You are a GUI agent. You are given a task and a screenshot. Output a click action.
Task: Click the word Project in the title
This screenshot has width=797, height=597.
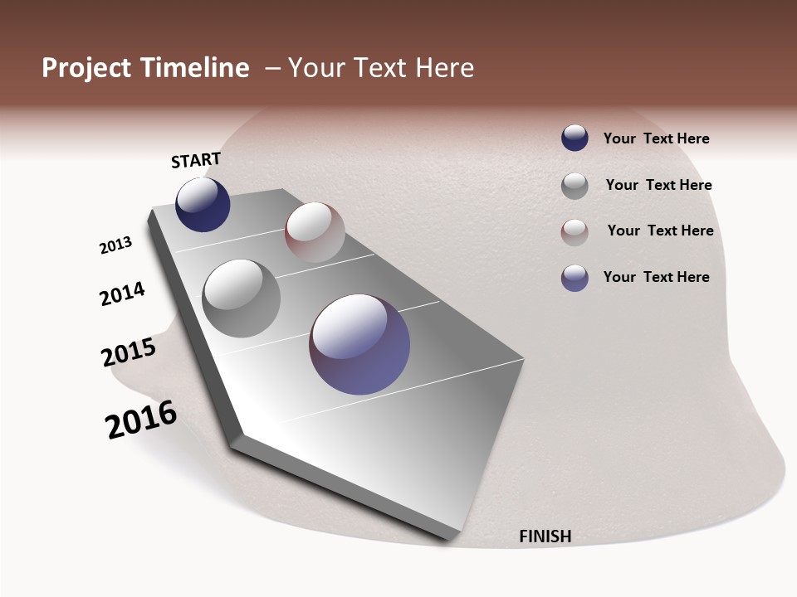point(87,68)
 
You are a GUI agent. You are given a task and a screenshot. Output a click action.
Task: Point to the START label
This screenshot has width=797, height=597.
point(196,160)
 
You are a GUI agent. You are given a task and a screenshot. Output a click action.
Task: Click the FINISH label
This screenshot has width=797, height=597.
point(545,536)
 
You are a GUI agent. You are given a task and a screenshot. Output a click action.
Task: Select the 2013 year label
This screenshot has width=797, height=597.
point(116,245)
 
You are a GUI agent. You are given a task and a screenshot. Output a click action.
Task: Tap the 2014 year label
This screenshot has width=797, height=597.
point(123,294)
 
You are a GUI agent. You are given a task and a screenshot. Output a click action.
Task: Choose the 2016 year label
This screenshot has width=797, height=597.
point(141,420)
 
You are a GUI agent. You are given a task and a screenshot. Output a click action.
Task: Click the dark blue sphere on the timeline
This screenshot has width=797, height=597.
point(203,205)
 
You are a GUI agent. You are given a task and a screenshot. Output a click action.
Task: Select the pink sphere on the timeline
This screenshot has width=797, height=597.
point(315,232)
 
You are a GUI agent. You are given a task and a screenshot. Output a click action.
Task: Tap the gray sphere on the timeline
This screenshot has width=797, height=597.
point(241,298)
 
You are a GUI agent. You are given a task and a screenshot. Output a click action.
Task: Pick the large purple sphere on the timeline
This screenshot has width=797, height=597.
point(359,344)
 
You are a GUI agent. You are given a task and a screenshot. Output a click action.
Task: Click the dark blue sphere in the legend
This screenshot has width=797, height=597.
point(575,138)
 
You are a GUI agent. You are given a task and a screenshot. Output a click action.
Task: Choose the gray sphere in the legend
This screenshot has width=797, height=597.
point(575,186)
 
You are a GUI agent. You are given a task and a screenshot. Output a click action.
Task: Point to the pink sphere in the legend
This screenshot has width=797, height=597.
point(575,232)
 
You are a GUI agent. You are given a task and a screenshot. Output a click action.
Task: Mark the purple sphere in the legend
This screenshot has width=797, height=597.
point(575,278)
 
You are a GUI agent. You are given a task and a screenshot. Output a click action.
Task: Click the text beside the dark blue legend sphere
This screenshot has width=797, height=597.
point(656,139)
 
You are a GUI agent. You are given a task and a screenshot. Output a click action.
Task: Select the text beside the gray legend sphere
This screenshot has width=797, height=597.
point(658,185)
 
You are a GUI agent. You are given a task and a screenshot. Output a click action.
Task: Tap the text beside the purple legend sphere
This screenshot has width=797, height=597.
point(656,277)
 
